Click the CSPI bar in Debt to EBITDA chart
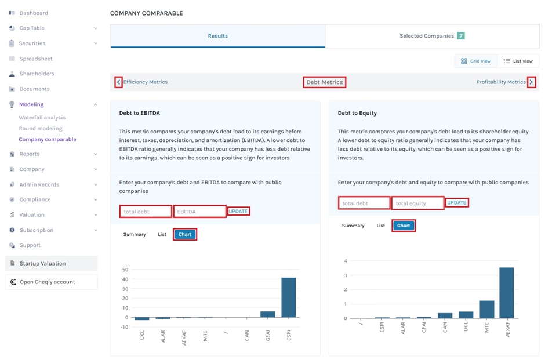288,297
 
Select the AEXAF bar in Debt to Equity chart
506,293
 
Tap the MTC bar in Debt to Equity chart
486,309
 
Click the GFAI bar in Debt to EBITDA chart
267,314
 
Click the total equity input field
417,203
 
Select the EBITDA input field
199,212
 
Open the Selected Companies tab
432,36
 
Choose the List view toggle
518,61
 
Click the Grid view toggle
476,61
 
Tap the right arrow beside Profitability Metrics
531,82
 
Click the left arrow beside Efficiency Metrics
118,82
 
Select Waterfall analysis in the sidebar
42,118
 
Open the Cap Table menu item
32,28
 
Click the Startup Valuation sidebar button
42,263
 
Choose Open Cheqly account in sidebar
47,282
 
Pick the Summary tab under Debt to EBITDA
135,234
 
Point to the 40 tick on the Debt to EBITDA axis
125,279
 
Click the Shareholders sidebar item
37,74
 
